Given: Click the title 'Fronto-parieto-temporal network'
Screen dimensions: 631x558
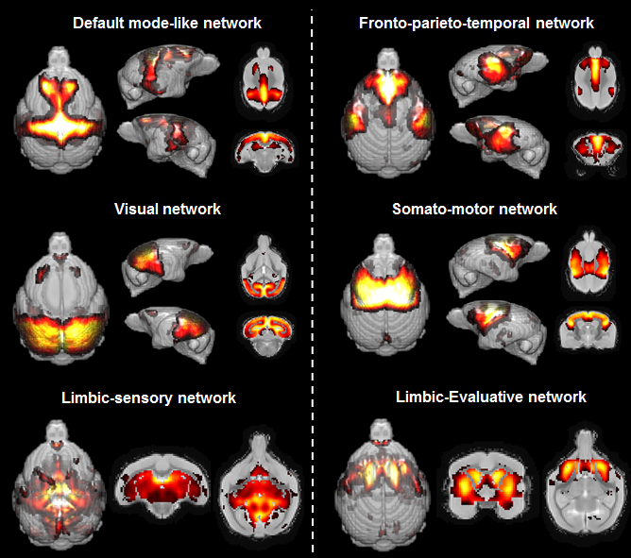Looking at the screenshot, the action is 476,22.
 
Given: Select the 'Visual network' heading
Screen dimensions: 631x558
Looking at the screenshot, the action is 167,209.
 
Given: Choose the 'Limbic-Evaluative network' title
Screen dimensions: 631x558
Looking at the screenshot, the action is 490,397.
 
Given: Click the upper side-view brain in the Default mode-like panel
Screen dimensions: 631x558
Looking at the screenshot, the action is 167,76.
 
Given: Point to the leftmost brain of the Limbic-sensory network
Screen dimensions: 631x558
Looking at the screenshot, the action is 57,486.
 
